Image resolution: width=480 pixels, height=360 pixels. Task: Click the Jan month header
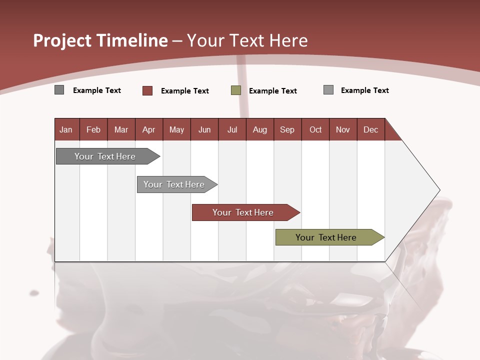(x=66, y=129)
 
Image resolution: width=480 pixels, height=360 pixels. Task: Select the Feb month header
(x=93, y=129)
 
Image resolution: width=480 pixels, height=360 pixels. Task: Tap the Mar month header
(x=121, y=129)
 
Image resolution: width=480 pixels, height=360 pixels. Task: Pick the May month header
(x=176, y=129)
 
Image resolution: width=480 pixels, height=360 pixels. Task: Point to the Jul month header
(x=232, y=129)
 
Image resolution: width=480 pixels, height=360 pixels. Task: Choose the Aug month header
(x=260, y=129)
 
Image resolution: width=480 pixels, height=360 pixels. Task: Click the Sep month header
(x=287, y=129)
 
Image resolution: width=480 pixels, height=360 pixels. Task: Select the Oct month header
(x=315, y=129)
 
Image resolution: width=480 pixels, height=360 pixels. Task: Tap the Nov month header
(x=343, y=129)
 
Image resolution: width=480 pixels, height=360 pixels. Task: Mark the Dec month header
(x=371, y=129)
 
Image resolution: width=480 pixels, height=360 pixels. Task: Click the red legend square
(x=147, y=90)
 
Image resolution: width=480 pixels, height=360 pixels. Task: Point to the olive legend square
(x=236, y=90)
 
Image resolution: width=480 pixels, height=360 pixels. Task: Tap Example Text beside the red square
(x=184, y=91)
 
